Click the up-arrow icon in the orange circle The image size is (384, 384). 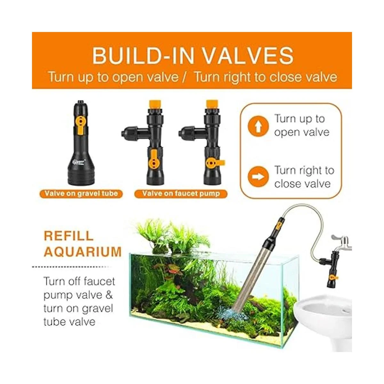pyautogui.click(x=258, y=126)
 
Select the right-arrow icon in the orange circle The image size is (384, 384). pyautogui.click(x=258, y=177)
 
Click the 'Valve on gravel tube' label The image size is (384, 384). pyautogui.click(x=81, y=194)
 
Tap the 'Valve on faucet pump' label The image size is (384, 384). pyautogui.click(x=181, y=194)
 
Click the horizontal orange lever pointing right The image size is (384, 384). pyautogui.click(x=215, y=163)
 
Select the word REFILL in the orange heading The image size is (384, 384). pyautogui.click(x=68, y=236)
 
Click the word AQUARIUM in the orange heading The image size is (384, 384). pyautogui.click(x=83, y=252)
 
